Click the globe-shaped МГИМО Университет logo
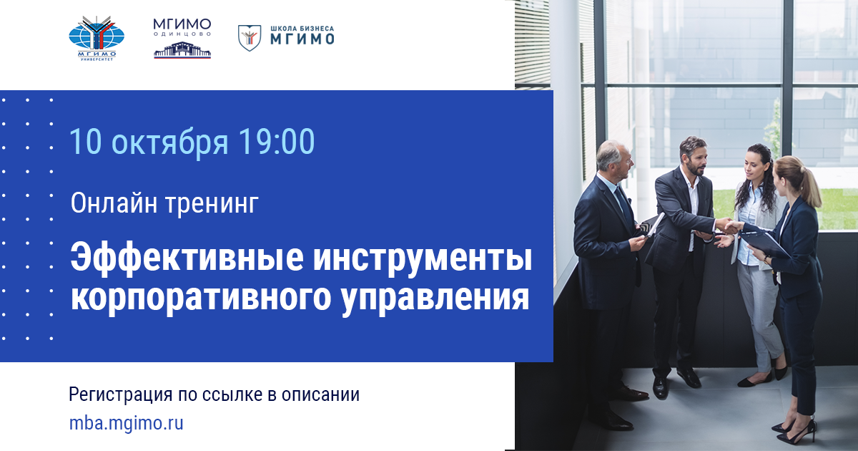[96, 37]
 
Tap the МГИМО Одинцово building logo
[182, 39]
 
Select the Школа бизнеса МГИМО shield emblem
[250, 37]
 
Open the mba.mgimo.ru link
[126, 423]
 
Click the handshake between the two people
[731, 227]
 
